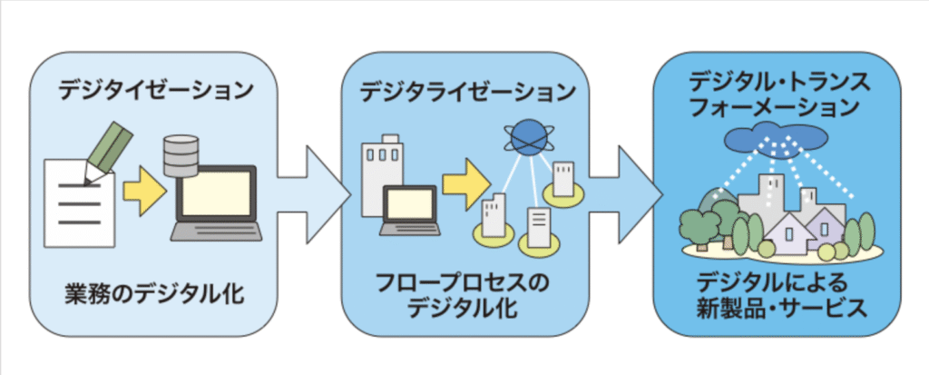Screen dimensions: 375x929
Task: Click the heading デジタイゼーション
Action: click(154, 91)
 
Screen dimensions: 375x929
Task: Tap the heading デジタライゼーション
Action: click(467, 92)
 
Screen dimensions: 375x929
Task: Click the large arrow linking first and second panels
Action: click(314, 188)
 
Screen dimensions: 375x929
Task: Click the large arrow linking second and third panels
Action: click(626, 188)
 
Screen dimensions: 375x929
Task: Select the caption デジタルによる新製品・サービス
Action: click(778, 295)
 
